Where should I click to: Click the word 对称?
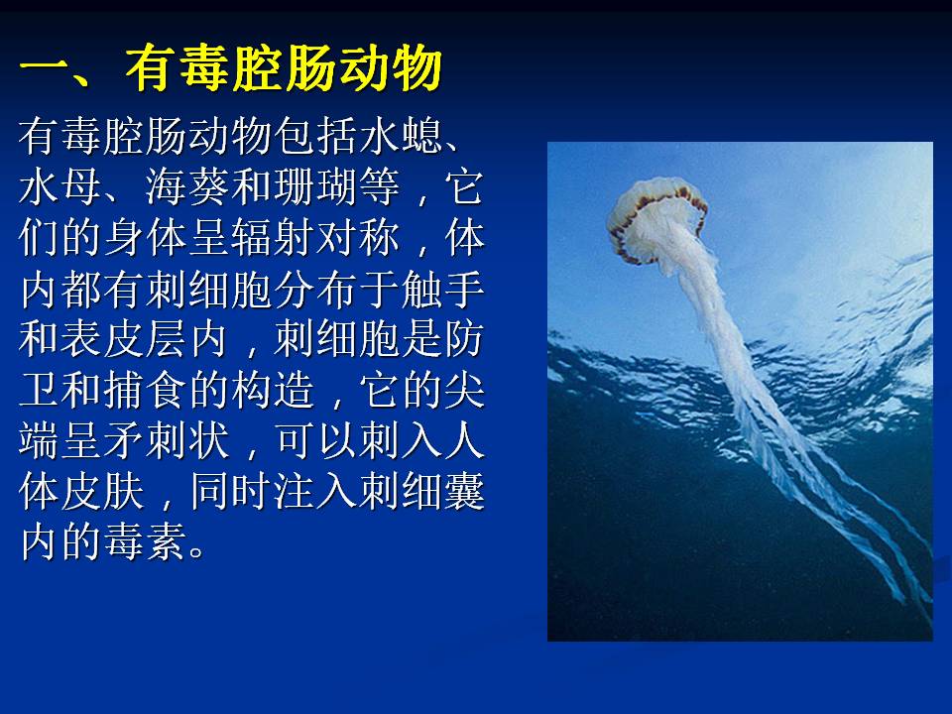[x=358, y=237]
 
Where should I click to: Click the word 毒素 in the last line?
[x=146, y=541]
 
